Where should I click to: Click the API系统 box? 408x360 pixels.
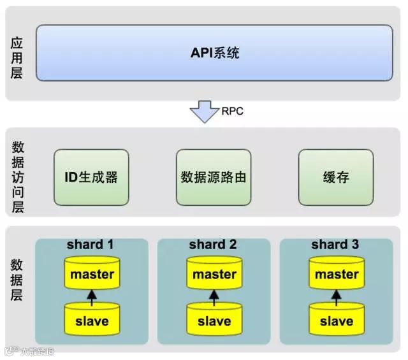click(214, 53)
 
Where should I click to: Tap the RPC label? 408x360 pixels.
click(232, 111)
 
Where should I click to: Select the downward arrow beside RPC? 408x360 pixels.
click(204, 112)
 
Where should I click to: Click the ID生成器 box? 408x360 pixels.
click(91, 177)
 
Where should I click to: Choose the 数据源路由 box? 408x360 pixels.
click(214, 177)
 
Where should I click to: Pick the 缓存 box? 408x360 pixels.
click(336, 177)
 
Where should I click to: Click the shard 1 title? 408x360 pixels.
click(92, 245)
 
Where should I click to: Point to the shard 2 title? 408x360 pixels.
click(214, 245)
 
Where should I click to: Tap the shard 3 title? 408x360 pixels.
click(336, 245)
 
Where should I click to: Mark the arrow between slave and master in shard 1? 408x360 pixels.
click(92, 296)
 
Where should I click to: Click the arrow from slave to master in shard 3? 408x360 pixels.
click(337, 296)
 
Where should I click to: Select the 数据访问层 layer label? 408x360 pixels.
click(17, 177)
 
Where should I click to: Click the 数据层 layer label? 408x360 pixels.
click(17, 281)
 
